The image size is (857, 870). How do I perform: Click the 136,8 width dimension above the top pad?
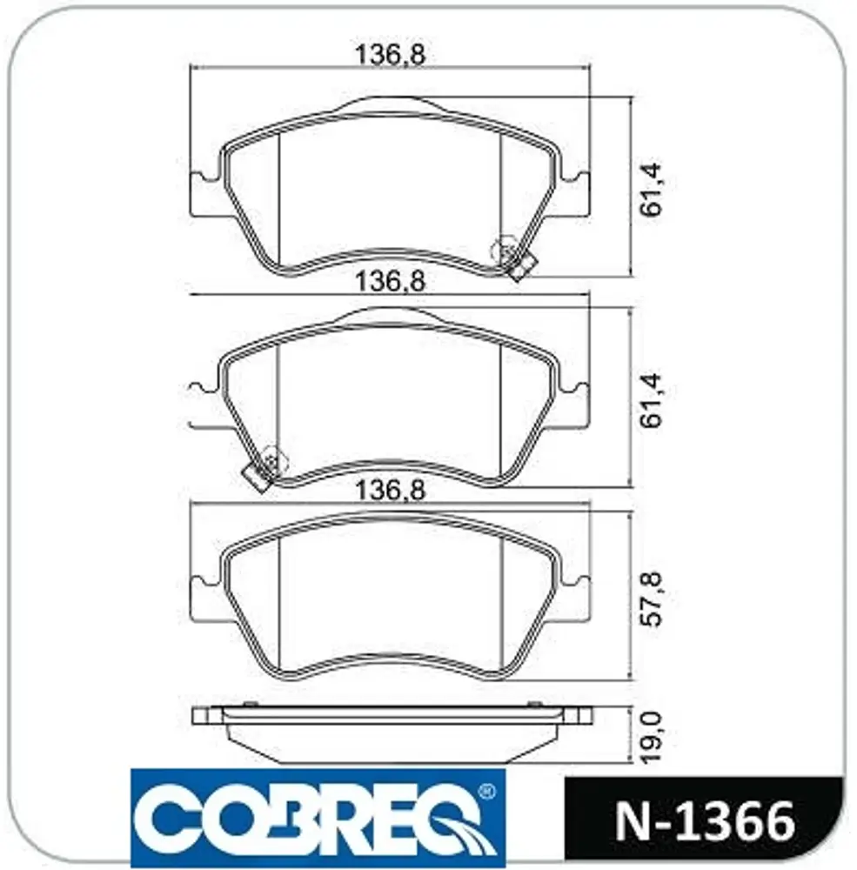(390, 54)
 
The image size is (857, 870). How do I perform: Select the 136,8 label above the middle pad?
(390, 281)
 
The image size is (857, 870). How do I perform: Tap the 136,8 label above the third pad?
(390, 490)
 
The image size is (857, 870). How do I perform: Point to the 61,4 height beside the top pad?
(651, 189)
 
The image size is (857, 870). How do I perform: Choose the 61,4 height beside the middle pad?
(651, 400)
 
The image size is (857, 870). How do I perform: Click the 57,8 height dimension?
(651, 599)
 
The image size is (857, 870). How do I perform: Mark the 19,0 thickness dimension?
(651, 737)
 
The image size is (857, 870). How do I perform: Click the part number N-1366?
(705, 822)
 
